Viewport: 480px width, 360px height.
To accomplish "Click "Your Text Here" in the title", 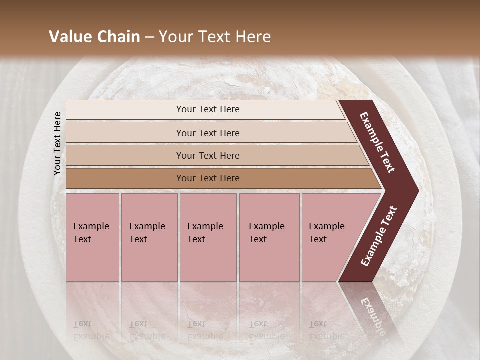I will [x=214, y=37].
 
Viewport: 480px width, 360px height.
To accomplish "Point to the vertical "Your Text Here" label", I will [x=57, y=143].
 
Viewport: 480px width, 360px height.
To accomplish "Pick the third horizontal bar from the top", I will [x=215, y=155].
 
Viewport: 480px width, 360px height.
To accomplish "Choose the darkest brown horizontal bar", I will [x=220, y=178].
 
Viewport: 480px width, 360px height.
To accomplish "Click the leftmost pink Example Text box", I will [x=92, y=237].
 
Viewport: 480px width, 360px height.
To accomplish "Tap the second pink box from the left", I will [x=149, y=237].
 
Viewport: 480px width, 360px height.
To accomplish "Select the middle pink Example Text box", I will [x=208, y=237].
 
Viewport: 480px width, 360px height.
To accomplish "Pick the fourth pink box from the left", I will [x=269, y=237].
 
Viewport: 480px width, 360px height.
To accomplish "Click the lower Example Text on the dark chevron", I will [x=378, y=236].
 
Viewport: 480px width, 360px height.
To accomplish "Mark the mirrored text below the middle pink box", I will [x=205, y=330].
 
